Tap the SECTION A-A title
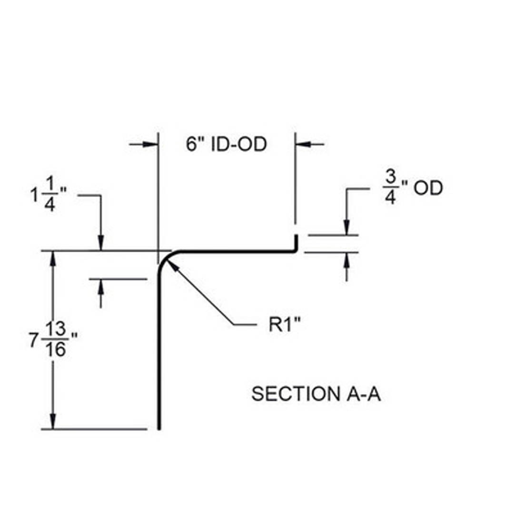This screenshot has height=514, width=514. [x=316, y=394]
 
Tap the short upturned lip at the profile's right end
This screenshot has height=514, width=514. [x=296, y=242]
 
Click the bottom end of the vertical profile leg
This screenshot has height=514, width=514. [x=159, y=426]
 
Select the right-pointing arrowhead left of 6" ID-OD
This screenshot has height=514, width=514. [x=152, y=144]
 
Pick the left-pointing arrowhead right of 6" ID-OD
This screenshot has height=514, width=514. [x=302, y=143]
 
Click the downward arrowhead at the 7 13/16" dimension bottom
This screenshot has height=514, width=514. [x=53, y=423]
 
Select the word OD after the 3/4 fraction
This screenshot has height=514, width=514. [x=426, y=188]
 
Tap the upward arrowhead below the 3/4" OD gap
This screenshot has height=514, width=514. [x=346, y=258]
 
